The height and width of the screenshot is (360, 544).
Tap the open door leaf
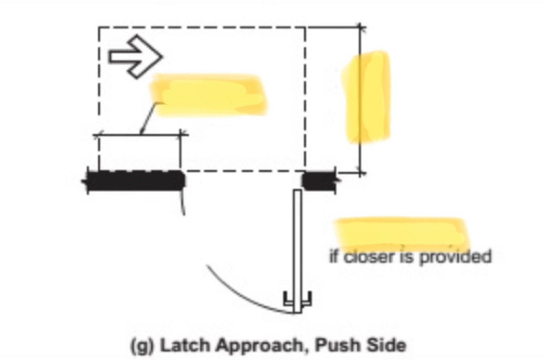(x=298, y=245)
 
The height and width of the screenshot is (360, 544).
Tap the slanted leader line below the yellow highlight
(x=147, y=118)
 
